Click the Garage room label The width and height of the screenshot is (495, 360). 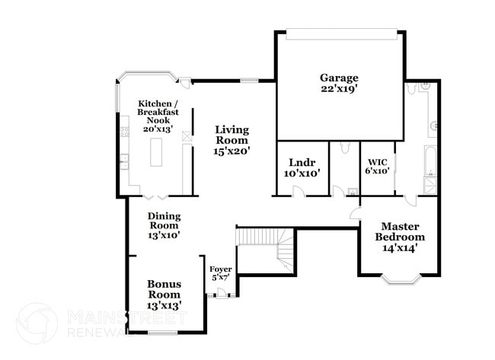point(339,78)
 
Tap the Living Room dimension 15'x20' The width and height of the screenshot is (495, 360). point(232,151)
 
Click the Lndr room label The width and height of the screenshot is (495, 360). point(302,162)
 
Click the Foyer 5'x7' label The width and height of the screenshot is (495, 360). point(220,273)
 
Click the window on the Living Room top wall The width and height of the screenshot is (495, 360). point(248,80)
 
